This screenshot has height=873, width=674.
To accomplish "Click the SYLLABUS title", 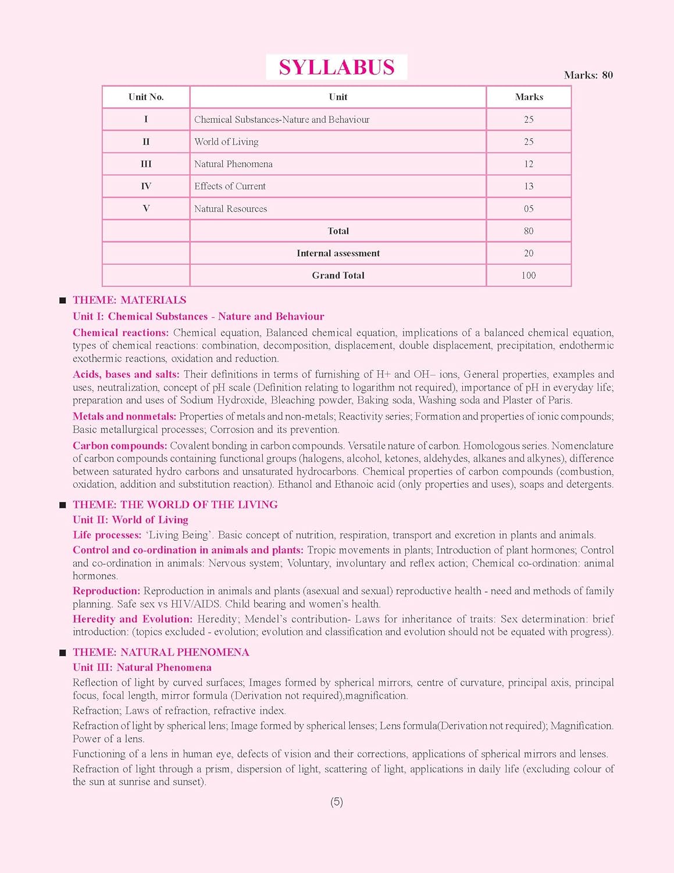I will tap(336, 68).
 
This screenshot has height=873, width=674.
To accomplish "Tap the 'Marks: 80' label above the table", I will tap(588, 75).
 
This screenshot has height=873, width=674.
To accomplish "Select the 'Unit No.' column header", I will tap(146, 97).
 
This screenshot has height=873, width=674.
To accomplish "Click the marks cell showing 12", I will tap(528, 164).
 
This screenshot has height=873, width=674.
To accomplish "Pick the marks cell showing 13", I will tap(528, 186).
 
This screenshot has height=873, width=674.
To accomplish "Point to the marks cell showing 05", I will tap(528, 209).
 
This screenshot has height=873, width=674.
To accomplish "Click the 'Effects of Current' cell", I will tap(230, 186).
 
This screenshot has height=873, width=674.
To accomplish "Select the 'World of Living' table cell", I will tap(226, 142).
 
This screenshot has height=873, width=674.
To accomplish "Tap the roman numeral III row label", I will tap(146, 164).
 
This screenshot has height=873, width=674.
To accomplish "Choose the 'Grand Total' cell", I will tap(338, 275).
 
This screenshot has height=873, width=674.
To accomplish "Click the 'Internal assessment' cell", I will tap(338, 253).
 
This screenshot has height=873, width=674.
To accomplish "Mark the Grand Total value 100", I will tap(528, 275).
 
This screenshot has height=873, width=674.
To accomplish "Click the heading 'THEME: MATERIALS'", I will tap(129, 300).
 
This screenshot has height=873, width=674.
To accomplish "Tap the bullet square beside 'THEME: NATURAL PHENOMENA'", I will tap(63, 653).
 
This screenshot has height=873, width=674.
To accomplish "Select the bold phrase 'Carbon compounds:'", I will tap(120, 446).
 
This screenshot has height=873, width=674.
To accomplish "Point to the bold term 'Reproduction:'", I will tap(106, 591).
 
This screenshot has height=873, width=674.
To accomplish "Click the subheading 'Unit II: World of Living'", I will tap(130, 520).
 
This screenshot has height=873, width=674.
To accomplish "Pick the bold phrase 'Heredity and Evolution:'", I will tap(132, 619).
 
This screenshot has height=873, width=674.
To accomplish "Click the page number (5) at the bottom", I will tap(337, 802).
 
